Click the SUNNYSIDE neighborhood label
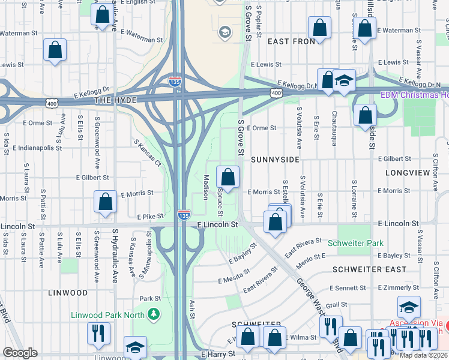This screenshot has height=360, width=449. (275, 160)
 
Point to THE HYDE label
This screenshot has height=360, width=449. (115, 101)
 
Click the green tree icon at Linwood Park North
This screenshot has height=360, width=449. (154, 314)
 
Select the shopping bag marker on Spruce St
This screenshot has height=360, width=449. (228, 177)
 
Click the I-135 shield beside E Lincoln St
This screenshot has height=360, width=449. (184, 215)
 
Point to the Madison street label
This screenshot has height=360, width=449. (206, 187)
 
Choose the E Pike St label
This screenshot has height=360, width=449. (150, 217)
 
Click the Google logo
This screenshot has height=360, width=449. (20, 353)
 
